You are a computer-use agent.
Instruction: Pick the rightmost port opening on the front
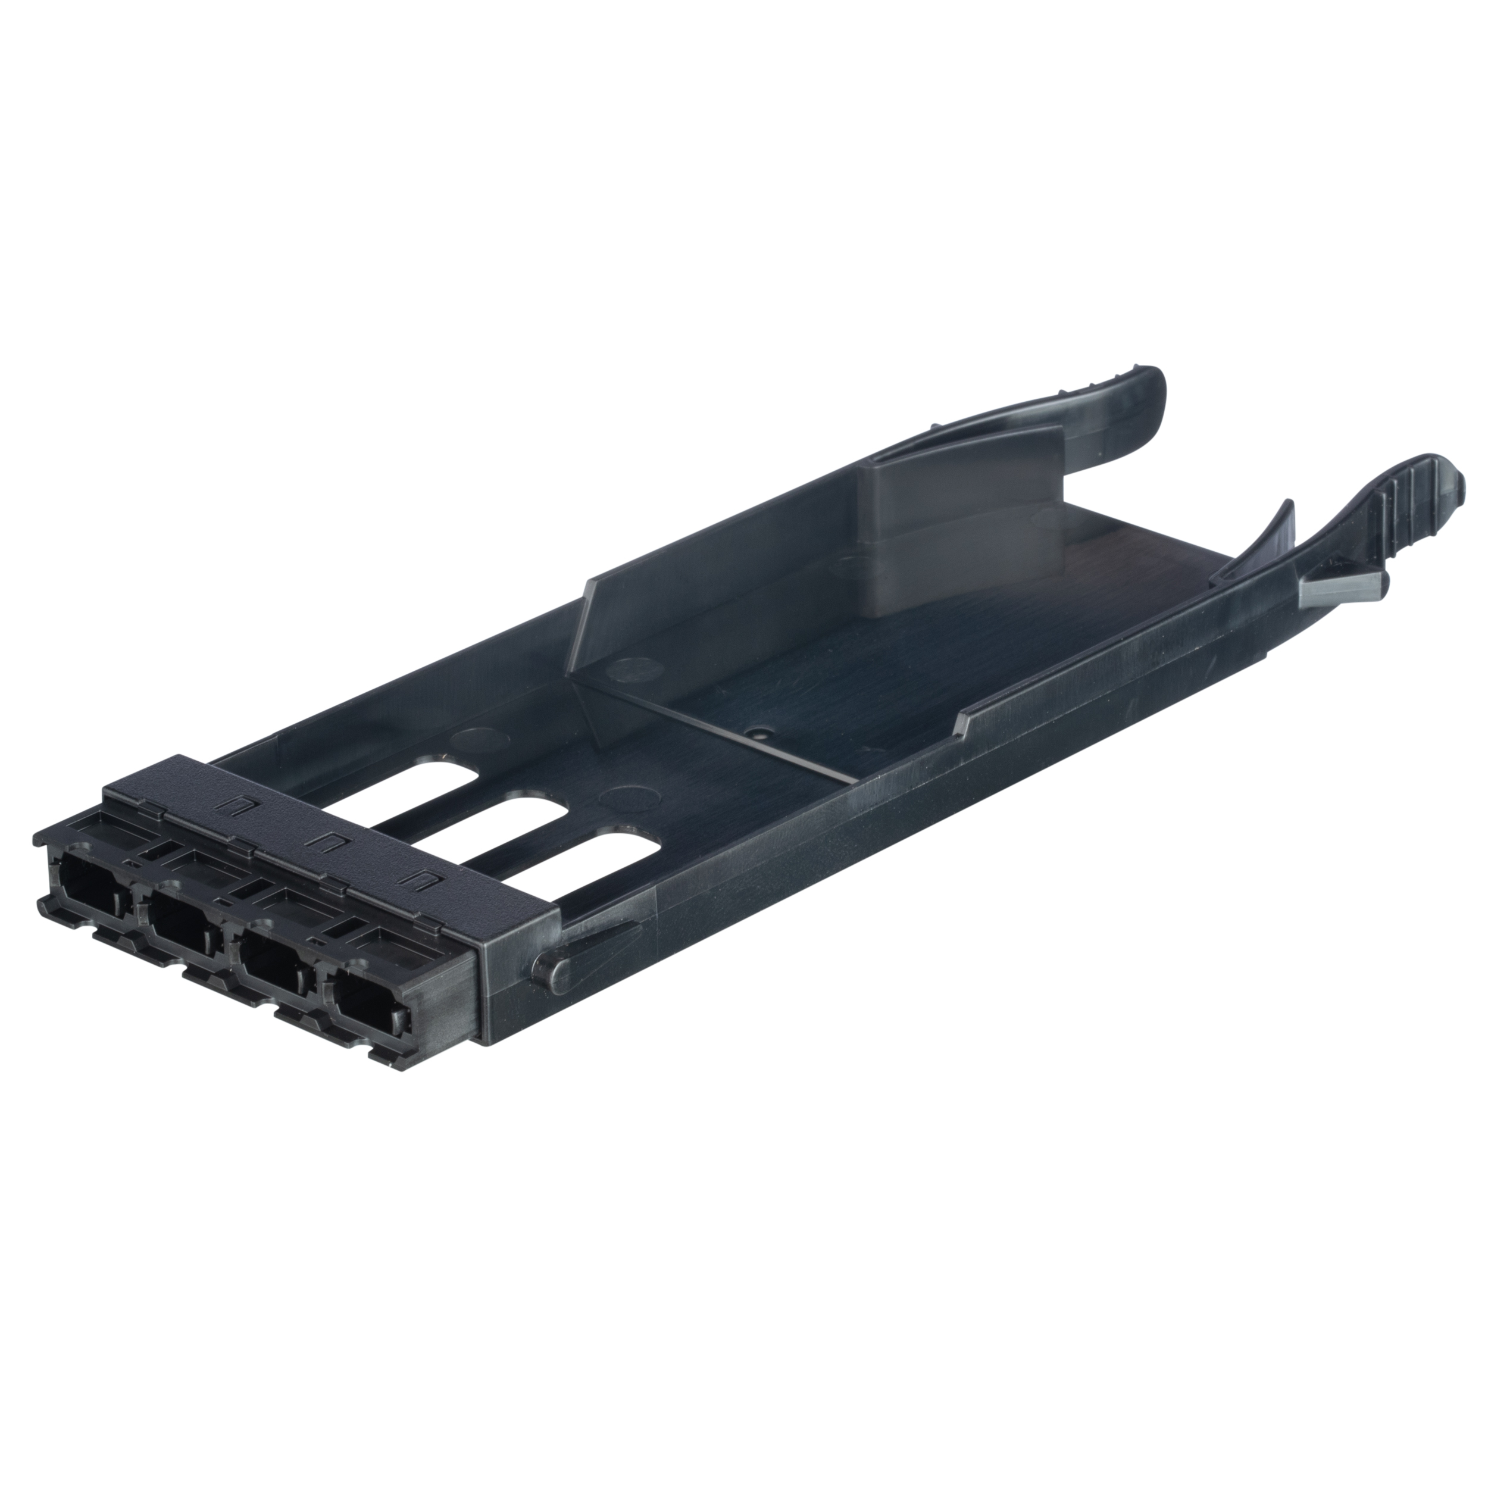click(x=368, y=1009)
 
